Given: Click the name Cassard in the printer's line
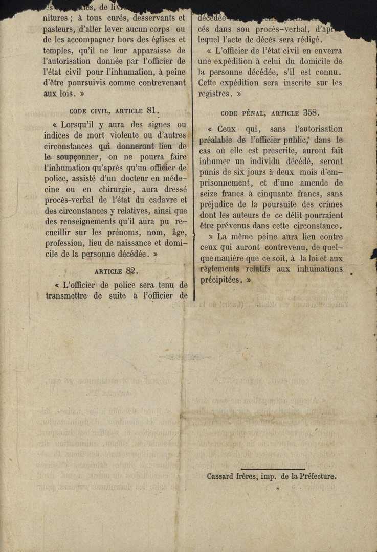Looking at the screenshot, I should pos(221,476).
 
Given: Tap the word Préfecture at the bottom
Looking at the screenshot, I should pos(318,476).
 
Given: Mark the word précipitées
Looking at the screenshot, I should pos(220,280).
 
